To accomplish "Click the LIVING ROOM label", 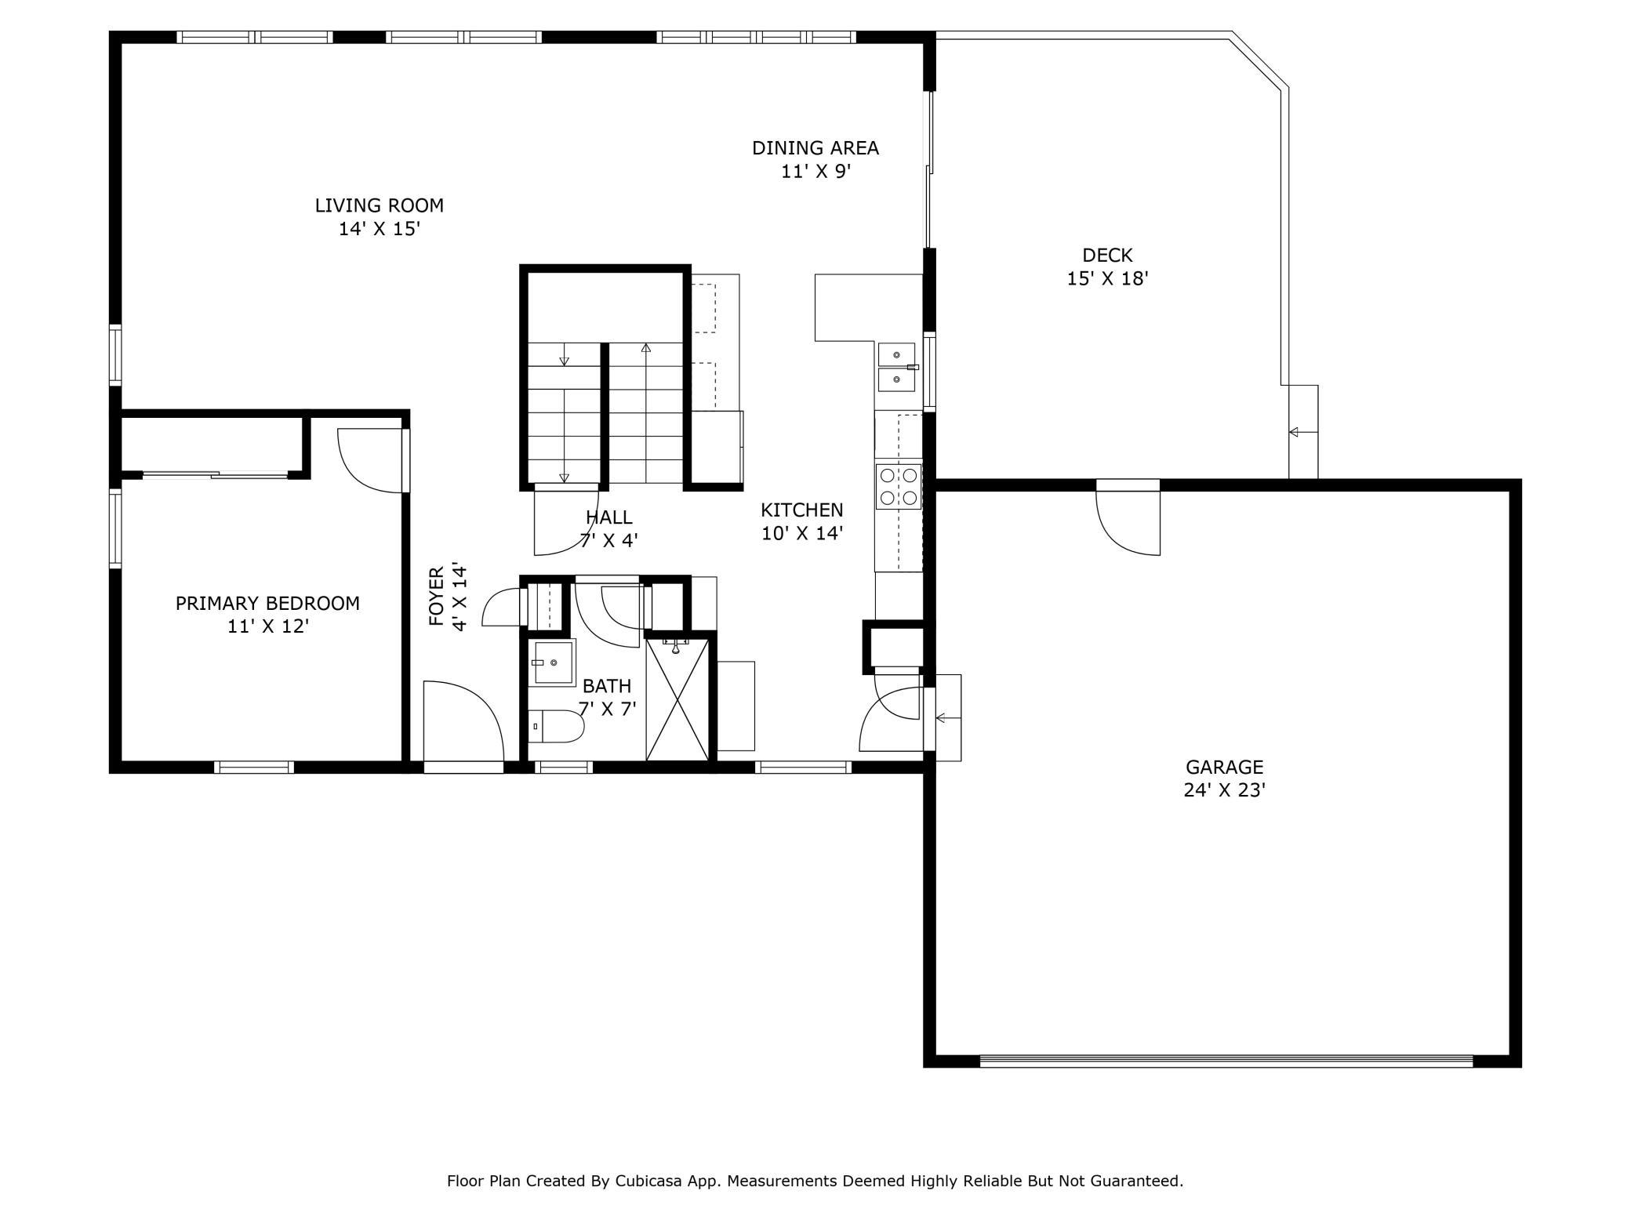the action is [379, 205].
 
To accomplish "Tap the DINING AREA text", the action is [815, 148].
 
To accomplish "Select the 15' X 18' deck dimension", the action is [1107, 278].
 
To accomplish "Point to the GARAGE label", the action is [1224, 767].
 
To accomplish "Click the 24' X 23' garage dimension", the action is [1224, 790].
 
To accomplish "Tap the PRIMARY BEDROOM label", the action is [267, 603].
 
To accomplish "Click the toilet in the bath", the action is [556, 727].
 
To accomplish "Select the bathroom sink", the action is [554, 662].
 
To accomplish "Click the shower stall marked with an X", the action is [677, 699].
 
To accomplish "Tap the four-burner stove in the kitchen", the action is [899, 486].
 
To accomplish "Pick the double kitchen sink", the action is [896, 367].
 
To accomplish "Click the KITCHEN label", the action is [802, 510].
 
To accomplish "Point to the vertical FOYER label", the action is [437, 597].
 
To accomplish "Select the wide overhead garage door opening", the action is [1226, 1062].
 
